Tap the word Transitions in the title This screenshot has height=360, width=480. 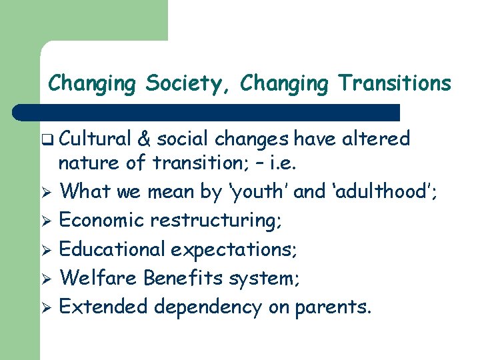(x=394, y=84)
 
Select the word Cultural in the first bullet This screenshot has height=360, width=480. (x=95, y=139)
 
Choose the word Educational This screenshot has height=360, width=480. (x=113, y=249)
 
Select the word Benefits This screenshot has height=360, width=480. (x=185, y=277)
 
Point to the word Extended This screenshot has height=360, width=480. (x=104, y=307)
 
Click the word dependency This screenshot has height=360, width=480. (x=208, y=307)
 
